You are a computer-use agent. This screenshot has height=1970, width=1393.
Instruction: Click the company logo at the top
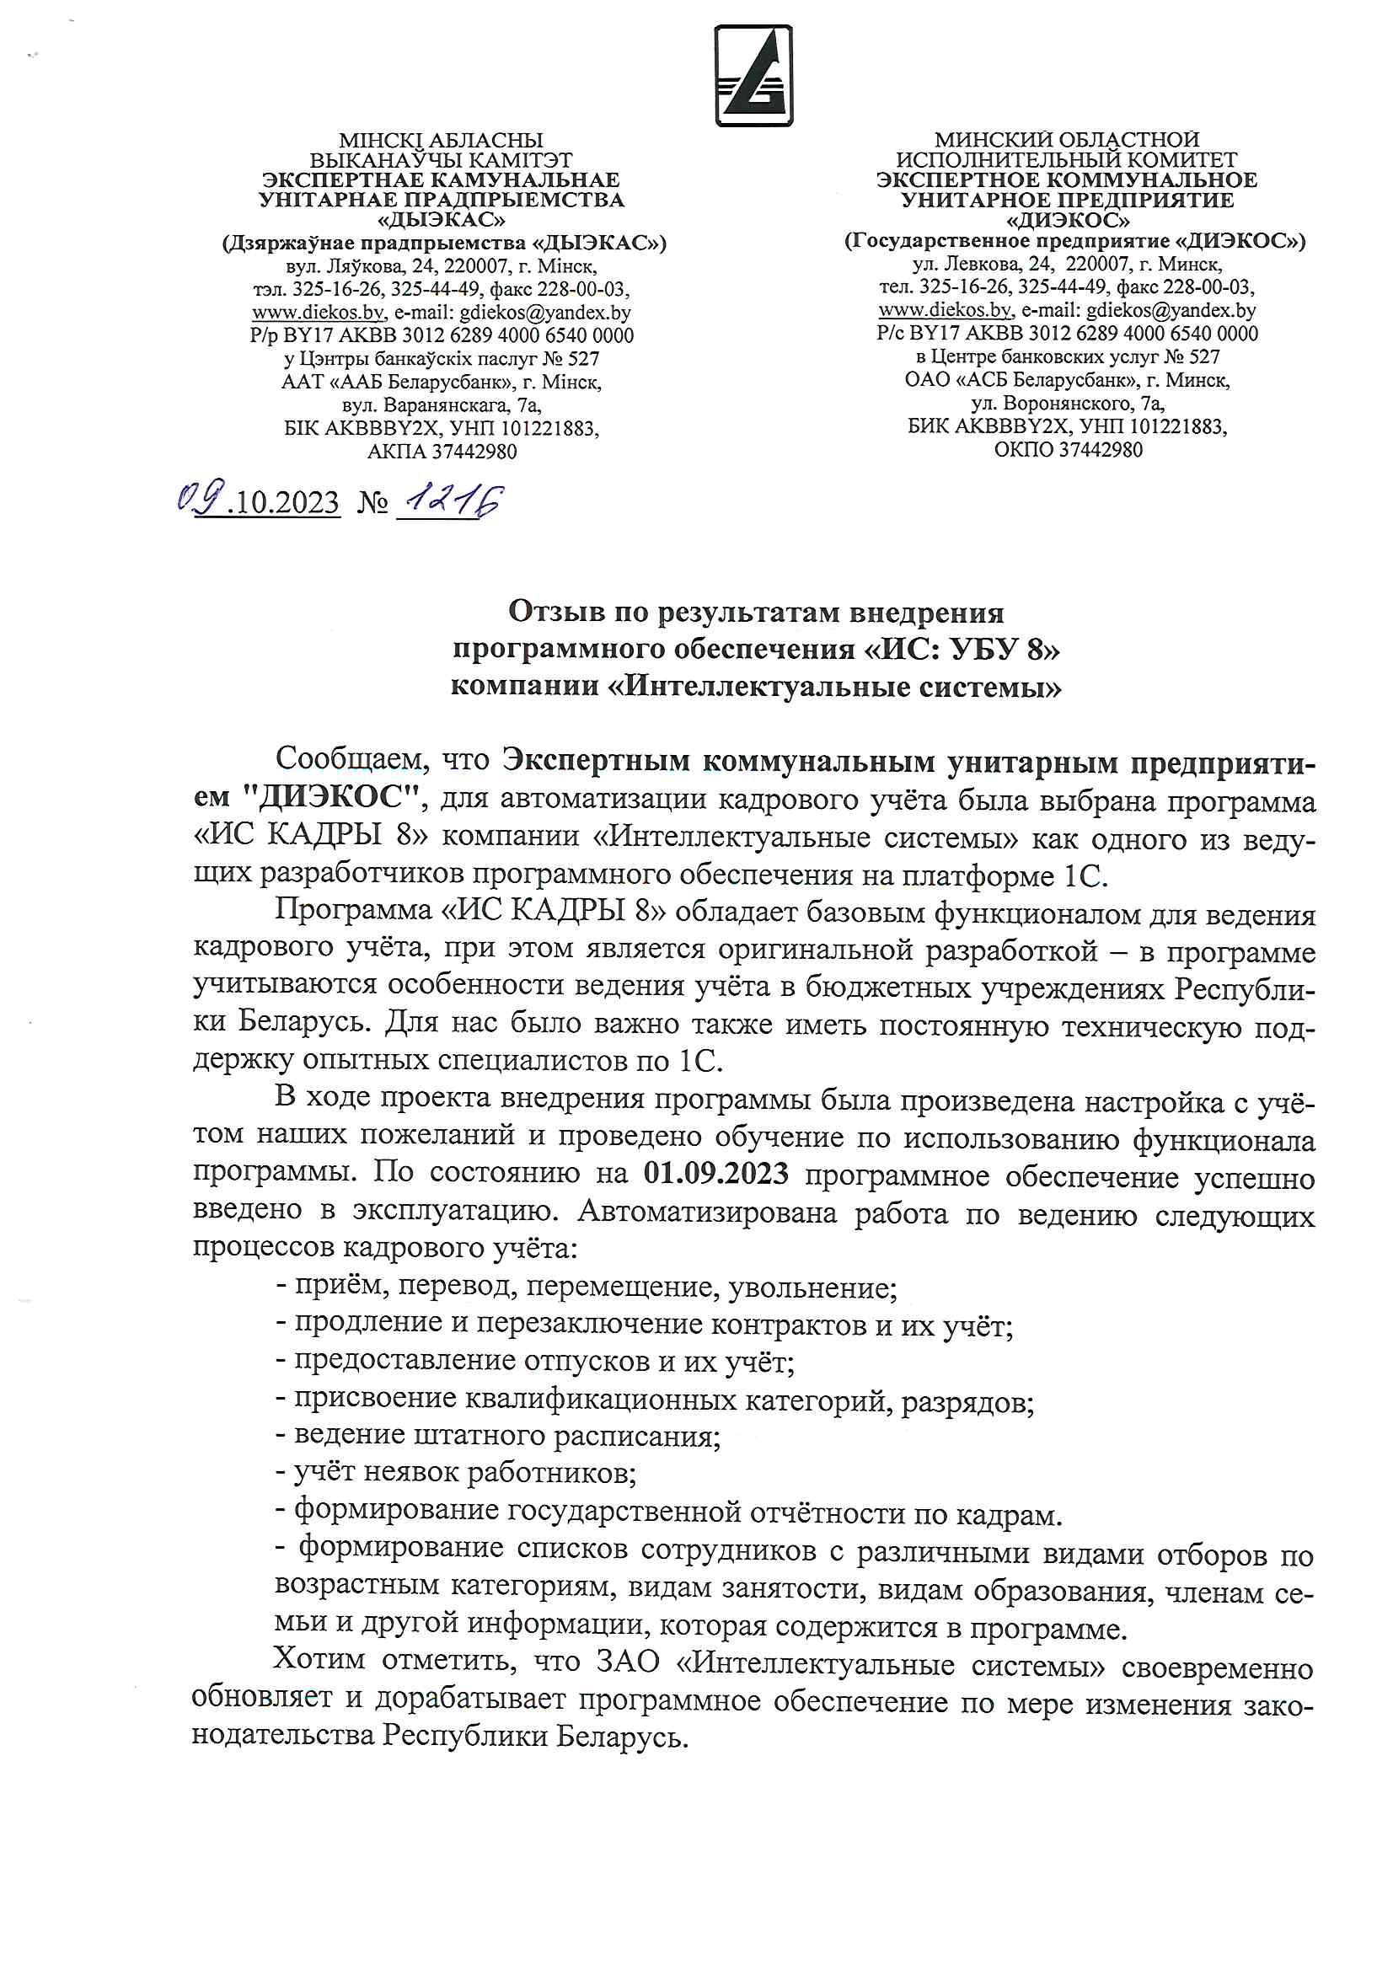(753, 76)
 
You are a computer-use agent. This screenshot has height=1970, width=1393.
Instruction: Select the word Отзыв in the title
(555, 612)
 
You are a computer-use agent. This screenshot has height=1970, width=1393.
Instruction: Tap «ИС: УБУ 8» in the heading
(961, 650)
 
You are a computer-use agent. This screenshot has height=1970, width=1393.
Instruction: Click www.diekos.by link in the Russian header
(944, 310)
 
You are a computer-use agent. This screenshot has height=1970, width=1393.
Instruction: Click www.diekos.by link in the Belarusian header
(318, 313)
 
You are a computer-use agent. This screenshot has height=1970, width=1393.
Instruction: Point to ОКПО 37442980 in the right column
(1068, 450)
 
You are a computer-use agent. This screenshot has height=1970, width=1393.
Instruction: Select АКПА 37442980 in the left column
(442, 452)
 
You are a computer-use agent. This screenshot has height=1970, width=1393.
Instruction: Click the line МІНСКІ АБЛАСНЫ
(442, 140)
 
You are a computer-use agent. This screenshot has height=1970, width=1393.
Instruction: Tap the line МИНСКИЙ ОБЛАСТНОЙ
(1066, 139)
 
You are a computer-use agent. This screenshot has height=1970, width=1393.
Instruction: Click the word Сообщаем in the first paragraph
(352, 758)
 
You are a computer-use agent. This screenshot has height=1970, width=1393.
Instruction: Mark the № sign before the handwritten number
(372, 502)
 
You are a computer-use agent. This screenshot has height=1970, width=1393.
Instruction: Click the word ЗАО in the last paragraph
(629, 1661)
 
